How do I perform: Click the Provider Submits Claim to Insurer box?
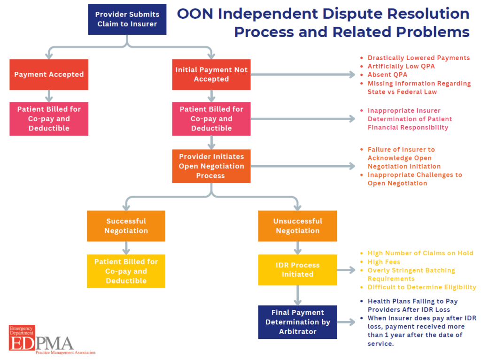pos(127,19)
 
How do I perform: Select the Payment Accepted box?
pos(49,74)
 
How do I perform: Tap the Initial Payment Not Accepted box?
pos(211,74)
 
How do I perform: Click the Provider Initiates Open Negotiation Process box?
pos(211,166)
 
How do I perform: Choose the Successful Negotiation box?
pos(126,226)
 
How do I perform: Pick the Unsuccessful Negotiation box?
pos(297,226)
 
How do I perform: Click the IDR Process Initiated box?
pos(297,270)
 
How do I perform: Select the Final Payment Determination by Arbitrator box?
pos(297,322)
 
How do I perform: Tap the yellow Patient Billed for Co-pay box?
pos(126,271)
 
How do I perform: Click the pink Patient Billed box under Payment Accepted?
pos(49,119)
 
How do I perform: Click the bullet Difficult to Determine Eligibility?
pos(421,287)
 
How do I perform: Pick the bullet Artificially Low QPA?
pos(401,66)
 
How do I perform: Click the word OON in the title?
pos(195,14)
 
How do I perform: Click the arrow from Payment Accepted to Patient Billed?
pos(49,96)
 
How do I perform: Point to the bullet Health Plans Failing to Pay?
pos(412,301)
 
